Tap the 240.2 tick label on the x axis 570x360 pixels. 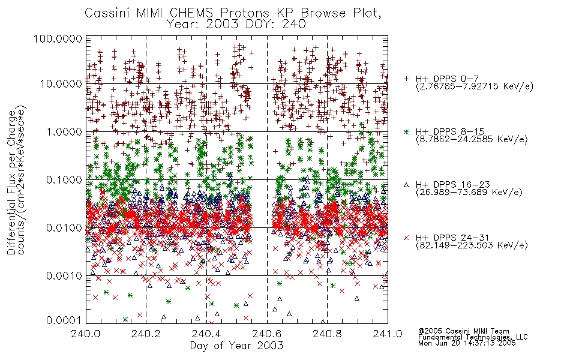click(x=146, y=334)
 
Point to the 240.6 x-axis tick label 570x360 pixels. click(x=267, y=334)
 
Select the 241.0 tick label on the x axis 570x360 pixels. click(x=388, y=334)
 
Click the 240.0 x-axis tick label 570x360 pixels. click(x=86, y=334)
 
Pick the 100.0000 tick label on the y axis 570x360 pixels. click(x=58, y=38)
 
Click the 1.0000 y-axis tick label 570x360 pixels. click(x=64, y=131)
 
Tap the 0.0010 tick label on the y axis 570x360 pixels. click(x=64, y=275)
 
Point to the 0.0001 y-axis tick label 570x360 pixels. click(x=64, y=320)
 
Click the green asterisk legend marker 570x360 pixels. click(x=406, y=131)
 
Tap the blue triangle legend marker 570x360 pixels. click(x=406, y=185)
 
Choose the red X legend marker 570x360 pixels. click(x=406, y=238)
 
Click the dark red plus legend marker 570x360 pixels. click(x=406, y=79)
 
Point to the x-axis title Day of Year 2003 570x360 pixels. click(x=236, y=346)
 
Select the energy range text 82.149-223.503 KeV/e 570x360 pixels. click(x=472, y=245)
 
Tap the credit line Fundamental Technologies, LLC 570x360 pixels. click(x=473, y=337)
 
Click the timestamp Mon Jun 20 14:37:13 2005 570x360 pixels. click(x=467, y=343)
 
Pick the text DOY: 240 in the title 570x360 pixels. click(x=276, y=25)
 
